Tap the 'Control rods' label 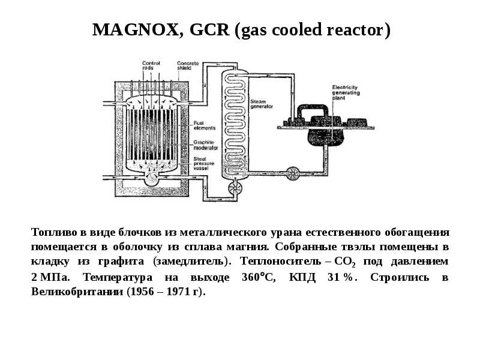click(x=151, y=65)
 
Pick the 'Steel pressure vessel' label click(x=205, y=164)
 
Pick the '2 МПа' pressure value click(x=50, y=277)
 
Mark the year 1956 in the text click(x=134, y=292)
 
